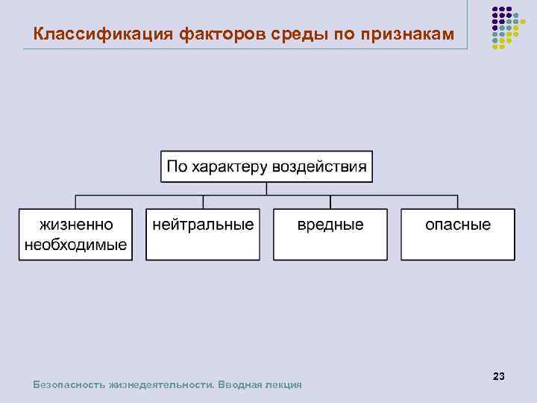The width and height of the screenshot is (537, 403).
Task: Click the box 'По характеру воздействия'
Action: pos(266,166)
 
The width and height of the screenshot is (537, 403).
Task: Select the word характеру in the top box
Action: pos(230,166)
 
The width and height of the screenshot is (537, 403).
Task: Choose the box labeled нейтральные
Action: pos(203,234)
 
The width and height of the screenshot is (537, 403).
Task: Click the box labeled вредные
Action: pos(330,234)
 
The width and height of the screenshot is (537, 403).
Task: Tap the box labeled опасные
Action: pos(458,234)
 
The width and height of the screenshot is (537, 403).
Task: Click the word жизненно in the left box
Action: pos(76,225)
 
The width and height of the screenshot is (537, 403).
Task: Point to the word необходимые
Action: pos(76,246)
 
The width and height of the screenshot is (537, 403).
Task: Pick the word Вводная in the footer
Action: pos(240,385)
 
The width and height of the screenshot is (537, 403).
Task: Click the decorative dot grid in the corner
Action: pos(505,27)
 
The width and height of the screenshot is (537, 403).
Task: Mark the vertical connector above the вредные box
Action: pos(330,201)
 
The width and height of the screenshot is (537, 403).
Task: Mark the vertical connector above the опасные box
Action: pos(458,201)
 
